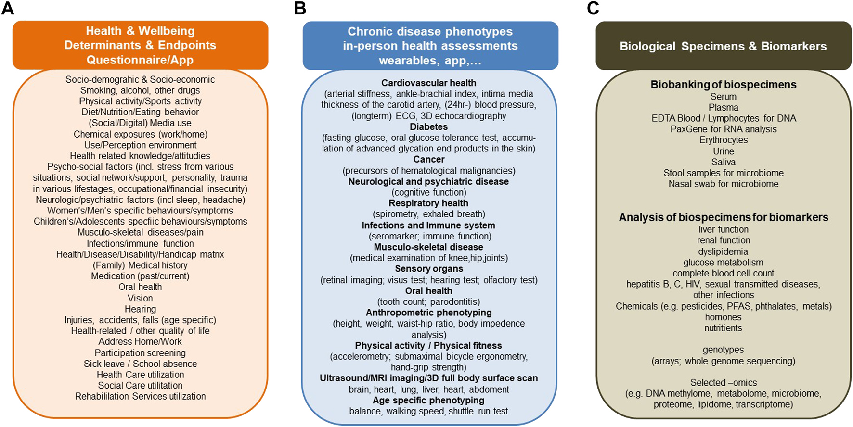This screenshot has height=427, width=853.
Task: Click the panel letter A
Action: click(x=8, y=8)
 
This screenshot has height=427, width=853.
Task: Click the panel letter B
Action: click(x=300, y=8)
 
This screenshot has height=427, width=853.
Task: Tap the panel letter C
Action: click(x=593, y=8)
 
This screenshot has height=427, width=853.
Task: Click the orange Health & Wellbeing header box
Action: click(x=140, y=45)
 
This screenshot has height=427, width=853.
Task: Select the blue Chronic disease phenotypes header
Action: click(x=430, y=46)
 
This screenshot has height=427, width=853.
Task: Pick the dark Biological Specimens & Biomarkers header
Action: click(x=724, y=46)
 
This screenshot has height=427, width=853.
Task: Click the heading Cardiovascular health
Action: click(x=429, y=83)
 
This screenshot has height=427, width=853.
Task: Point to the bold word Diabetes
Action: click(x=429, y=126)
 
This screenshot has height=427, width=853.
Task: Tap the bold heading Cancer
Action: click(x=429, y=159)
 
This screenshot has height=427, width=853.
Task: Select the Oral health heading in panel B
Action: click(x=429, y=291)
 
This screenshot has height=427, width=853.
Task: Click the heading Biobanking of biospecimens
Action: click(x=724, y=85)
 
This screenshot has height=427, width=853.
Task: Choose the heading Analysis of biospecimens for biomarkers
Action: click(x=724, y=217)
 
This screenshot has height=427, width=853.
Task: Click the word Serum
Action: click(x=724, y=97)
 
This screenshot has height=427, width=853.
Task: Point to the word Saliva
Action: click(x=724, y=162)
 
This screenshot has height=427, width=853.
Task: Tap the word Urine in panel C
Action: click(x=724, y=151)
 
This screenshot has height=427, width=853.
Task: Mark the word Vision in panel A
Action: click(x=140, y=298)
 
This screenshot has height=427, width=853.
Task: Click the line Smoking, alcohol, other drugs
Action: click(x=140, y=90)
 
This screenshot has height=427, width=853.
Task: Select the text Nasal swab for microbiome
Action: click(x=724, y=184)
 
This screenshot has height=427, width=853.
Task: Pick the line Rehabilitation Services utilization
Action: click(x=140, y=396)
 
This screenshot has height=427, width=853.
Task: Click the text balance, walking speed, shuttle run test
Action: click(x=429, y=411)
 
